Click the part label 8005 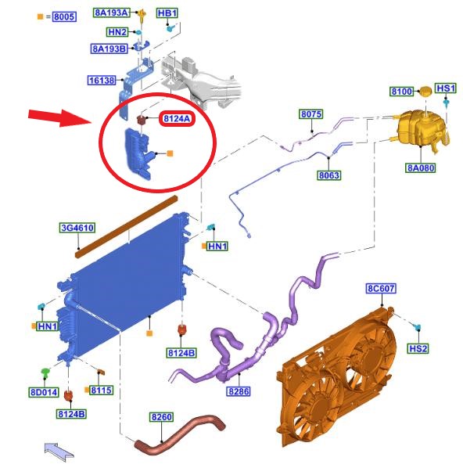64,16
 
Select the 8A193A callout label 111,13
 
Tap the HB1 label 167,13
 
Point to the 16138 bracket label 102,81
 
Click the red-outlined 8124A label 177,119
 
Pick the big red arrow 59,117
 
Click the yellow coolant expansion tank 422,130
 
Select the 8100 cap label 401,92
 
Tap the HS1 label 446,88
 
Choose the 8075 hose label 311,114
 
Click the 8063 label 328,175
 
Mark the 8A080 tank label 421,167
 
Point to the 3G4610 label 77,228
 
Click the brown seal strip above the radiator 126,227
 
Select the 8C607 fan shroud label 381,289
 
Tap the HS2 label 418,348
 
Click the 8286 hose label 239,391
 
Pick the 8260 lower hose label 161,417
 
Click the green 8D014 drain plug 45,373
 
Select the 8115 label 102,390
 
